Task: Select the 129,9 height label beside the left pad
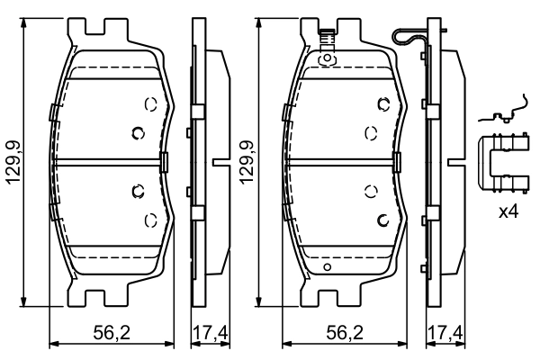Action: click(13, 163)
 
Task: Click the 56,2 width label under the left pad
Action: click(112, 333)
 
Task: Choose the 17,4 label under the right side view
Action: click(445, 333)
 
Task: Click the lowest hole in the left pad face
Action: click(150, 218)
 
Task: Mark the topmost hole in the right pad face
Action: click(383, 103)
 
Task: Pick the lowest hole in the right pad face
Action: click(383, 220)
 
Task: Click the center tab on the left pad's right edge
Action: click(164, 162)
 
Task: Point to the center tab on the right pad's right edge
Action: click(397, 162)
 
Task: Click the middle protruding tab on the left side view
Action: click(218, 162)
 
